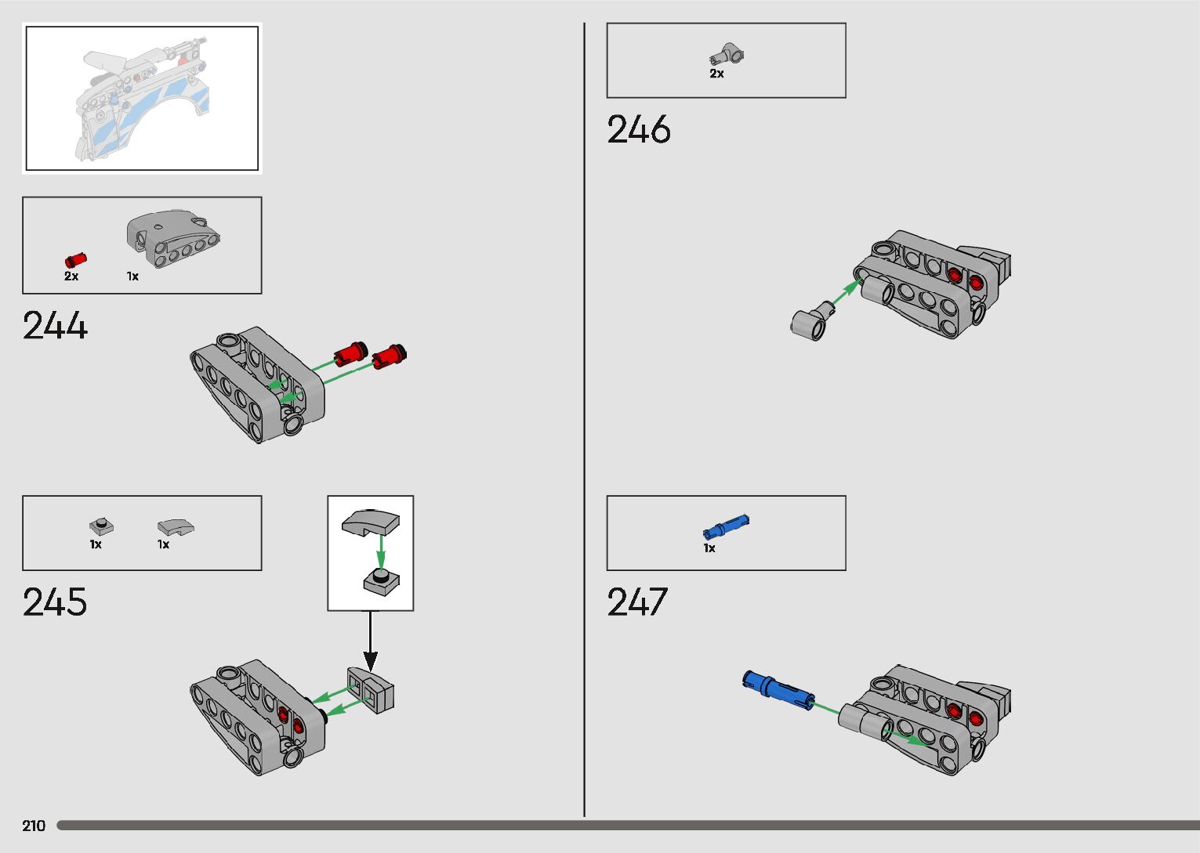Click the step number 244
coord(55,326)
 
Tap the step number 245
coord(55,602)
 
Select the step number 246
coord(639,130)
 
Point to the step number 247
coord(636,602)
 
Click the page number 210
coord(34,826)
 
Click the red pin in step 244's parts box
coord(75,260)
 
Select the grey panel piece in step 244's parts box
coord(172,238)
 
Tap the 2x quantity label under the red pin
coord(71,277)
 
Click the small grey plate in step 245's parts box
coord(101,526)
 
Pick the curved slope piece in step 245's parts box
coord(176,527)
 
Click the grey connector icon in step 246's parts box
coord(727,55)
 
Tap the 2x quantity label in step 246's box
coord(716,74)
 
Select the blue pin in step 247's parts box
coord(726,527)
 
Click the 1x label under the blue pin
coord(709,548)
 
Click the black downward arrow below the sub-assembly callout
coord(371,642)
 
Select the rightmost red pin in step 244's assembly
coord(389,356)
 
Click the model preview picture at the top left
coord(142,98)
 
